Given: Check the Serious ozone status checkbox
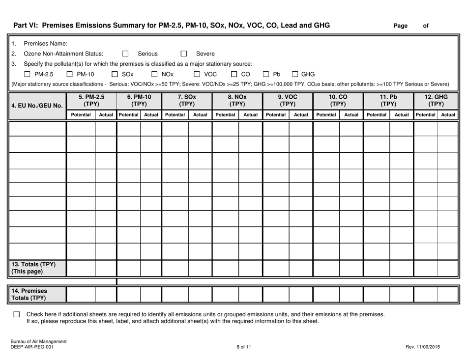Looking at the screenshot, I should click(125, 54).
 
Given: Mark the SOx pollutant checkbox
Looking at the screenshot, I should click(115, 74).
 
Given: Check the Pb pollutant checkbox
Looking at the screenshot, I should click(266, 74).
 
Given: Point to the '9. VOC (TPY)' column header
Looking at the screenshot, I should click(288, 101).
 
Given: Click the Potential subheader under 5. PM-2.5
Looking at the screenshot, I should click(81, 114).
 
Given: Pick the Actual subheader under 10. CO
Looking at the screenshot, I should click(350, 114).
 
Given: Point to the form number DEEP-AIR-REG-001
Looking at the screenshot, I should click(30, 347).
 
